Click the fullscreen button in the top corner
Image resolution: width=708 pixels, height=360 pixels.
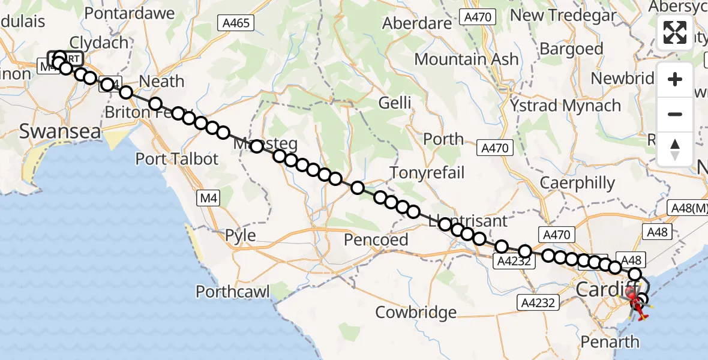675,32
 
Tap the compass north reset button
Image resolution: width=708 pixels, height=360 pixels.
675,149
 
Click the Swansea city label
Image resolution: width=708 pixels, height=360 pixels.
60,131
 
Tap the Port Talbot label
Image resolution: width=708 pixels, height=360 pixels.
177,159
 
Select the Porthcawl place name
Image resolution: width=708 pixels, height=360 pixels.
233,292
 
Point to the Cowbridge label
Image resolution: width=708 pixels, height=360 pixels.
416,312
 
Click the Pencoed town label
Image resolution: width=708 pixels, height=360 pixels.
376,239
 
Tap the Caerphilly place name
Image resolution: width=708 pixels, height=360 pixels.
577,182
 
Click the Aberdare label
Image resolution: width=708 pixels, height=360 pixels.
417,23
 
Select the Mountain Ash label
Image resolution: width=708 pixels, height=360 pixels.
466,59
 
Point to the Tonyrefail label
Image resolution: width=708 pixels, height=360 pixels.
427,173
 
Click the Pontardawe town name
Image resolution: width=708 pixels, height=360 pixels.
130,13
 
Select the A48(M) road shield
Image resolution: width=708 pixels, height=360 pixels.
689,208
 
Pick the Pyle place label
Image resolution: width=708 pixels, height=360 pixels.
240,235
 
